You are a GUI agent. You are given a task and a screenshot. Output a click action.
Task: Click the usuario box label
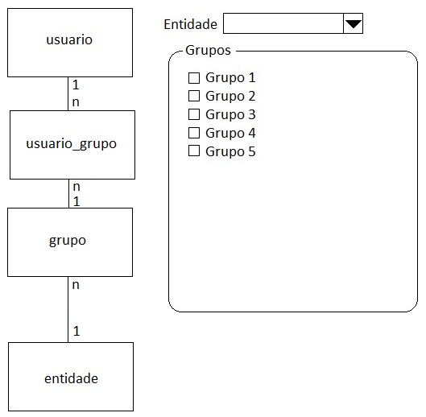[x=69, y=39]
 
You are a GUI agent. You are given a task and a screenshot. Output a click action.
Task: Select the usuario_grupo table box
[x=72, y=145]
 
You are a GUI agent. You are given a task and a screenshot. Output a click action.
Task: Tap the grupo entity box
[x=70, y=242]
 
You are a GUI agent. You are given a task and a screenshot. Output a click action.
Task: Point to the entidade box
[x=71, y=377]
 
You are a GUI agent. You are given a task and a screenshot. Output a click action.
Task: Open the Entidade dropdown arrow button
[x=354, y=23]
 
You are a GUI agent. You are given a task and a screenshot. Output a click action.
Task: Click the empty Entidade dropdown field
[x=283, y=23]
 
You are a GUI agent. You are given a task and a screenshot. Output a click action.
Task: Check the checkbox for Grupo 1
[x=194, y=78]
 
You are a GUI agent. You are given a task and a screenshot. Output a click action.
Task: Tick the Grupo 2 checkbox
[x=194, y=96]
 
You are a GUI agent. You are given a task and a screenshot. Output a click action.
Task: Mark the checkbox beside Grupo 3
[x=194, y=114]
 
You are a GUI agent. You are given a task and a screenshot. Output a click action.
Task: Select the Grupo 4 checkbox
[x=194, y=133]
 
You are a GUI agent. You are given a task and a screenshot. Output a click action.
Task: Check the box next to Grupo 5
[x=194, y=151]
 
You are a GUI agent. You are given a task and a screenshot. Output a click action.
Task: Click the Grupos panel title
[x=208, y=51]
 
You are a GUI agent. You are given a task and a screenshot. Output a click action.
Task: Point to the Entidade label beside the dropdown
[x=190, y=24]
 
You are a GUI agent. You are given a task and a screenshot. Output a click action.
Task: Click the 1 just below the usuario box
[x=76, y=85]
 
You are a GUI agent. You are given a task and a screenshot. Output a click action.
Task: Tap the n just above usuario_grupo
[x=76, y=102]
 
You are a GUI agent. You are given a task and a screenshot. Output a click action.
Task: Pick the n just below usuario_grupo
[x=77, y=187]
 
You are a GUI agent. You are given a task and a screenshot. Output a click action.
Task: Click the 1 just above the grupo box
[x=77, y=201]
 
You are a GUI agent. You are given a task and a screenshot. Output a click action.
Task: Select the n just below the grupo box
[x=76, y=285]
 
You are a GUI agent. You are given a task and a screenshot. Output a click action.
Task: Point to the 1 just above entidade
[x=77, y=331]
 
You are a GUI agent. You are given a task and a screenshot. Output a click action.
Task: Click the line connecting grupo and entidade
[x=68, y=310]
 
